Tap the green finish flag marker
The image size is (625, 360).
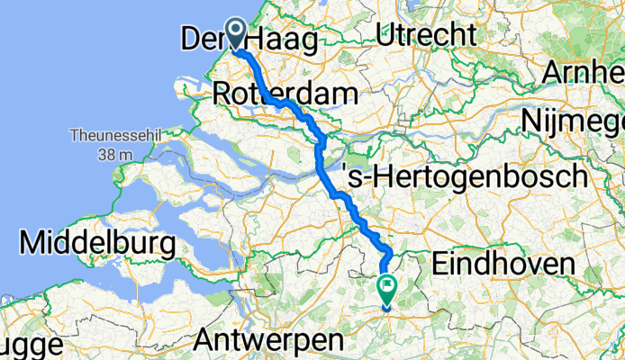pos(387,288)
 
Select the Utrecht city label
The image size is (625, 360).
pos(426,35)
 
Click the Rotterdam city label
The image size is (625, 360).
pos(285,93)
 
